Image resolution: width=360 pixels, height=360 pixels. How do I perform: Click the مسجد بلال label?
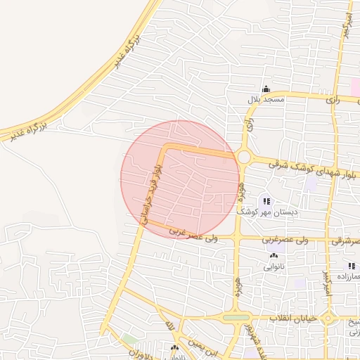265,100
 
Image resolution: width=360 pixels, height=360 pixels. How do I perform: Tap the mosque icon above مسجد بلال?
266,89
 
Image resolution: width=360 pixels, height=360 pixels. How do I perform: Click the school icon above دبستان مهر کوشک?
266,201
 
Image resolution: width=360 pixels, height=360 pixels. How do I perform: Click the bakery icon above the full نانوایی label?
273,256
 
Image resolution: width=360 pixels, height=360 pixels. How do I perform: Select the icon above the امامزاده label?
351,266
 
